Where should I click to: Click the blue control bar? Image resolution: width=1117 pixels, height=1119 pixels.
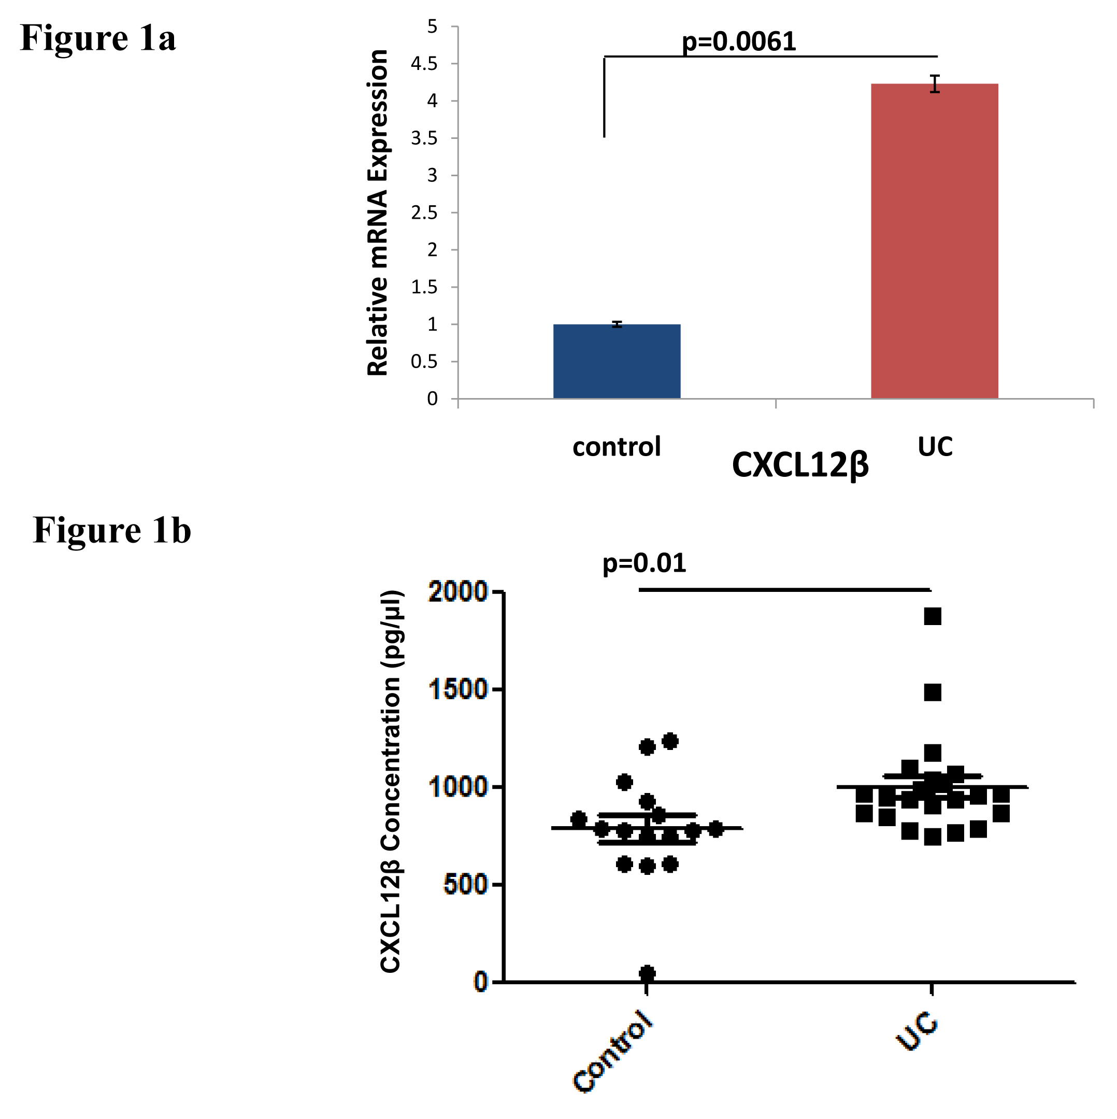point(617,361)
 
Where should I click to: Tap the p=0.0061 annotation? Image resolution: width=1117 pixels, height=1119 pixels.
point(739,41)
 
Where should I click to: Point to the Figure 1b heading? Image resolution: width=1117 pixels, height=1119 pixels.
point(112,530)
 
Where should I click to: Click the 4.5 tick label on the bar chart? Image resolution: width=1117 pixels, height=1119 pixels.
point(424,64)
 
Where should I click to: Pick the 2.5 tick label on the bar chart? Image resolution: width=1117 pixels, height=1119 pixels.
point(424,213)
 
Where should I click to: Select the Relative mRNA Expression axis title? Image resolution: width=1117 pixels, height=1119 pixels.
point(378,213)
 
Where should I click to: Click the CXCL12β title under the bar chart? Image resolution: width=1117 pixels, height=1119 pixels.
point(800,465)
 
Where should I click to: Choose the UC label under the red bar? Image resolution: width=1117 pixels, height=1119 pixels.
point(935,446)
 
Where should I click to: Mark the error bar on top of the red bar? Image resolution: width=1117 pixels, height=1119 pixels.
point(935,84)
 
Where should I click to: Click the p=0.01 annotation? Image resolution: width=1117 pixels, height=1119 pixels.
point(644,563)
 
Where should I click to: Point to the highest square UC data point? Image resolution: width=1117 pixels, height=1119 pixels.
point(932,616)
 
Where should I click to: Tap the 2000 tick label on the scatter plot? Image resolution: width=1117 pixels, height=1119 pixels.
point(458,592)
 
